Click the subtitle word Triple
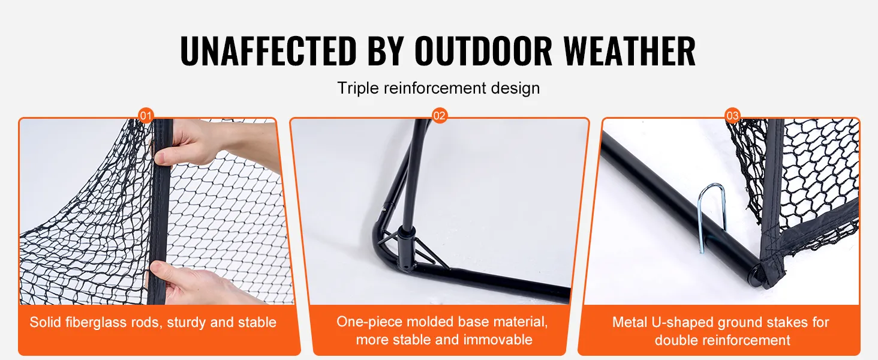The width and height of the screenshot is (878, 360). click(x=358, y=88)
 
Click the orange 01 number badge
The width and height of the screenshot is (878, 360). click(x=146, y=116)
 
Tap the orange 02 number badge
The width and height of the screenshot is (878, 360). click(x=440, y=116)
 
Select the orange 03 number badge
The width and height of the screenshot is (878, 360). click(x=733, y=116)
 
